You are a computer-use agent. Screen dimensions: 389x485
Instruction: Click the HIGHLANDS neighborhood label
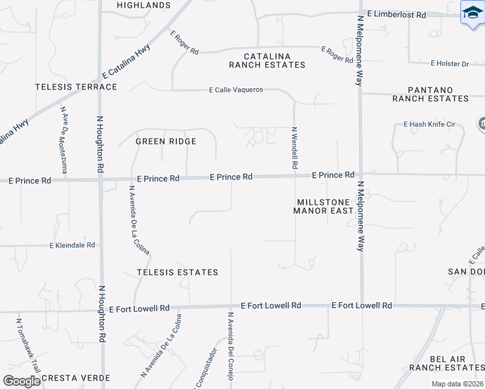tap(143, 5)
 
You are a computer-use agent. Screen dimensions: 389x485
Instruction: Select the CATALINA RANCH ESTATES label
tap(266, 60)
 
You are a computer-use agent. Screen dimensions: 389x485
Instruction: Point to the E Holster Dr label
tap(449, 64)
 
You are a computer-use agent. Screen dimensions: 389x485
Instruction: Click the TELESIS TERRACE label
tap(77, 87)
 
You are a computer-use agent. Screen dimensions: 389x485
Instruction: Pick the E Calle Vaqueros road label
tap(235, 90)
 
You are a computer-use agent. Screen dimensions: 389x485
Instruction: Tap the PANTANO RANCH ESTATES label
tap(430, 94)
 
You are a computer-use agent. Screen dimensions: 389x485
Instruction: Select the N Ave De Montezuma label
tap(64, 139)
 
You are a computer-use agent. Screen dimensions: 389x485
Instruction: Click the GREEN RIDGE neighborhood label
tap(165, 141)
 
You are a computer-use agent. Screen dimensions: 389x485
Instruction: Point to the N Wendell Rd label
tap(294, 148)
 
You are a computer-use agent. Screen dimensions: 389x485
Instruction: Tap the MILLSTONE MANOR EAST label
tap(323, 206)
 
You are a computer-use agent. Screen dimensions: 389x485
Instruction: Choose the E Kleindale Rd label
tap(73, 245)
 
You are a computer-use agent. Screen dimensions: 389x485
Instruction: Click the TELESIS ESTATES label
tap(177, 272)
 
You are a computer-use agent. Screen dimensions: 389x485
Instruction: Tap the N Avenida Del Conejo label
tap(230, 345)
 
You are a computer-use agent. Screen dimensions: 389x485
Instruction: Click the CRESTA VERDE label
tap(76, 377)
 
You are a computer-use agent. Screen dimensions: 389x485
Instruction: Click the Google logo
tap(21, 381)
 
